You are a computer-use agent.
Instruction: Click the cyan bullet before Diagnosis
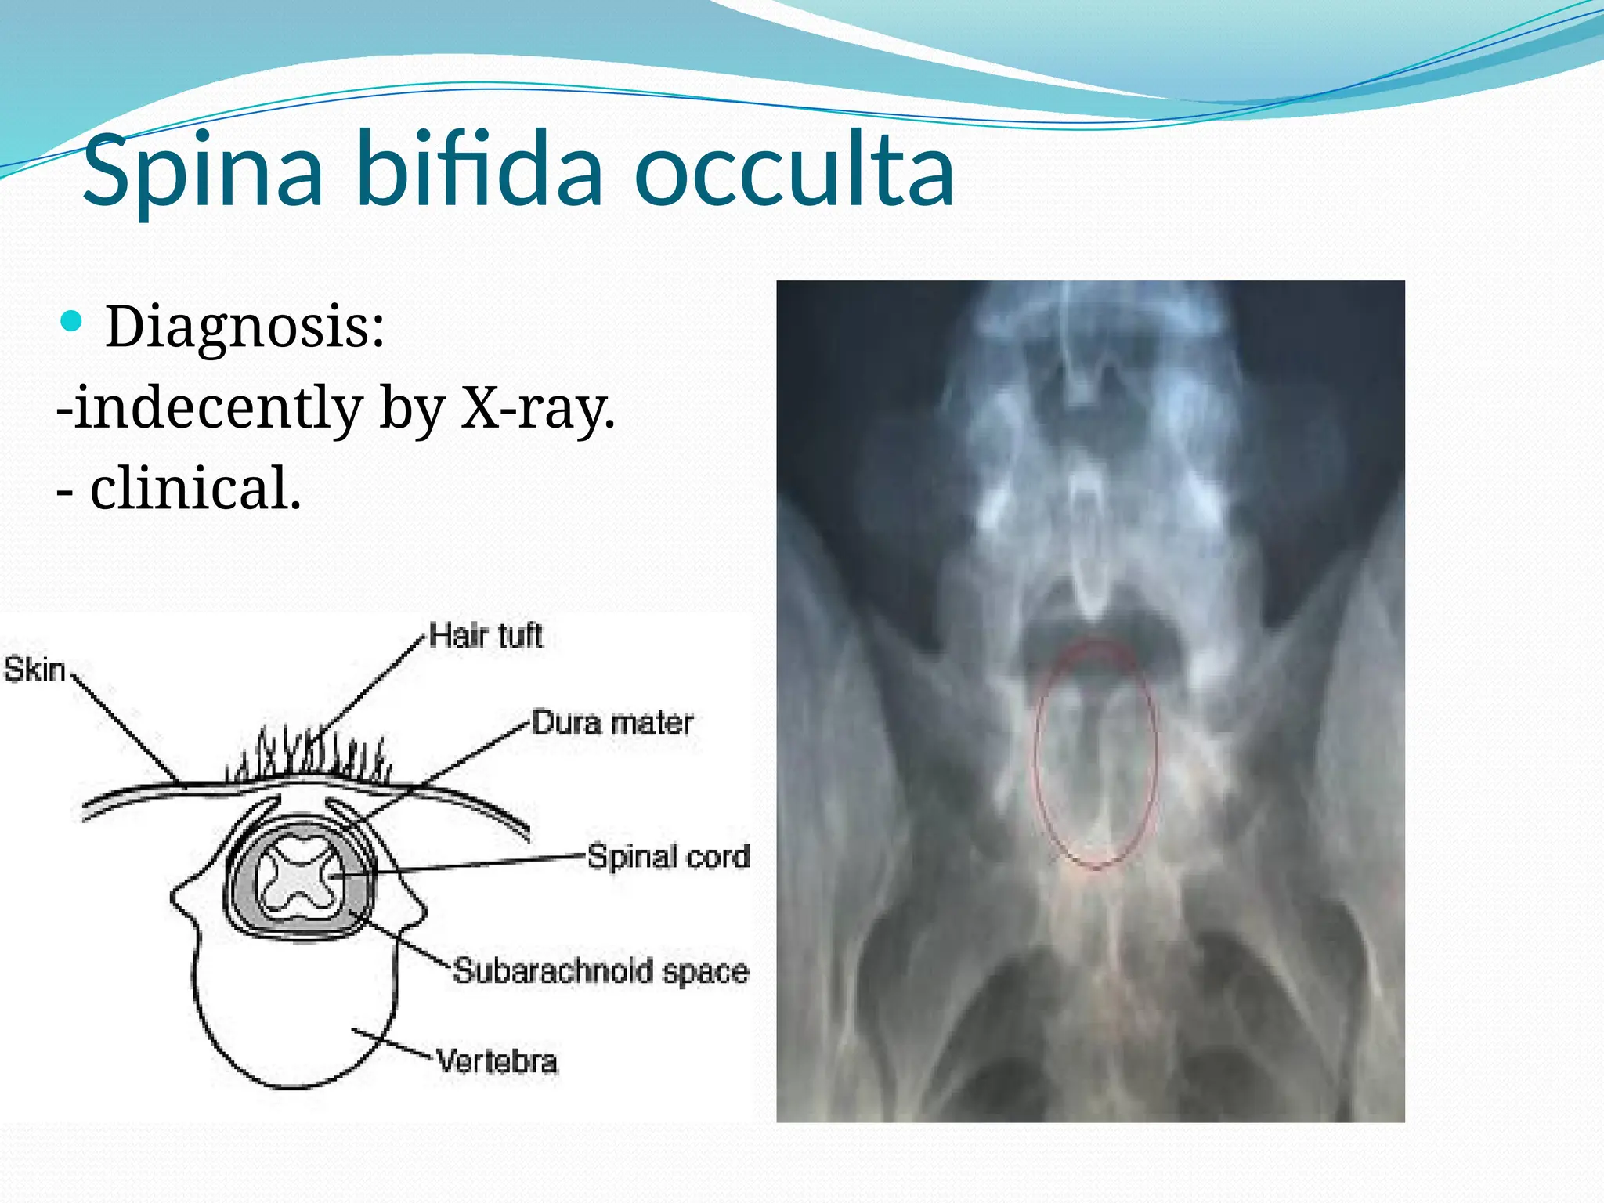coord(71,321)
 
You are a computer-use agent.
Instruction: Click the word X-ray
coord(537,407)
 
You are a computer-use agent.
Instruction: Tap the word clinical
coord(196,489)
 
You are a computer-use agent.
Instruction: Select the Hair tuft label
coord(486,635)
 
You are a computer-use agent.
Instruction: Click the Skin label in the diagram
coord(34,670)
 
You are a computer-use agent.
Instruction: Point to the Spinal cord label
coord(669,856)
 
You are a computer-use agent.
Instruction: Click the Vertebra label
coord(497,1061)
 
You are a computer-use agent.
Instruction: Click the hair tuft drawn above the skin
coord(313,756)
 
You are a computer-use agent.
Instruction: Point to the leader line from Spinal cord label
coord(486,863)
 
